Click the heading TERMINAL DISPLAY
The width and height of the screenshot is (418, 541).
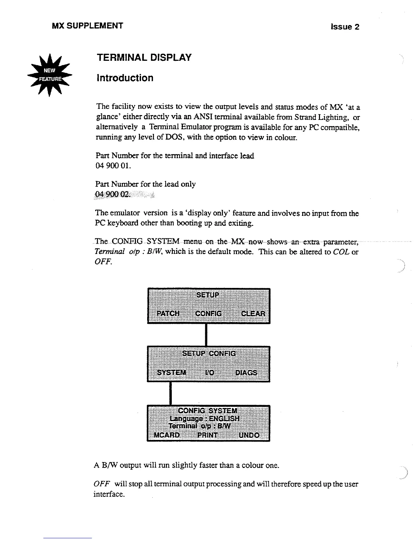(144, 58)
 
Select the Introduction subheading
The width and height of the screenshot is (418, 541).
(125, 78)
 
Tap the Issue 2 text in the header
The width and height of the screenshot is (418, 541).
(345, 27)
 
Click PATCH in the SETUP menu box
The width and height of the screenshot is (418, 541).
(168, 314)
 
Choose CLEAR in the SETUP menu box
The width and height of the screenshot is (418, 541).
(253, 314)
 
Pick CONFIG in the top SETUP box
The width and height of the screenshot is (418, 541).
(208, 314)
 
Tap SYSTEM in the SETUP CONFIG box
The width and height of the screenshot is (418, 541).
(171, 372)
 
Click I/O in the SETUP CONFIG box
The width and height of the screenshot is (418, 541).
(209, 372)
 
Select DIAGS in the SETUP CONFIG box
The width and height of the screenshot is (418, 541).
(246, 372)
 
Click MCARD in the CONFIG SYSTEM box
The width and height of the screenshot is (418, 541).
(167, 435)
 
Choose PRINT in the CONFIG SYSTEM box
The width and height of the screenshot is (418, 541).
(207, 435)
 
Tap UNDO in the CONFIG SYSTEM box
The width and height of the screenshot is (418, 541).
(249, 435)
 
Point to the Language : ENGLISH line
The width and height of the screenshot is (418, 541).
(204, 419)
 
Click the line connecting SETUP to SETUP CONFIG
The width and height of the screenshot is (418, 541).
(206, 335)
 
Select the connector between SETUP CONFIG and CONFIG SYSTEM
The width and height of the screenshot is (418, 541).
(170, 393)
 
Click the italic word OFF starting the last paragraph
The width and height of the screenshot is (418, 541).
(100, 484)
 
